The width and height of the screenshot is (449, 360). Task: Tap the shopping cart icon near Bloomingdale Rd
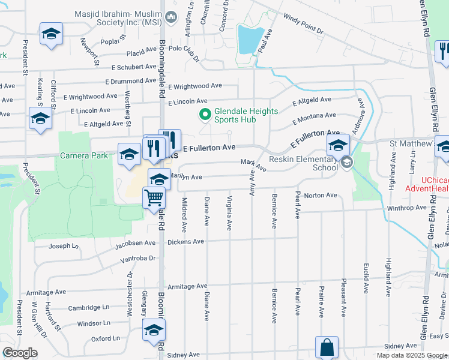pyautogui.click(x=154, y=197)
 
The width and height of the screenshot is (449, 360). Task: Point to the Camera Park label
pyautogui.click(x=84, y=155)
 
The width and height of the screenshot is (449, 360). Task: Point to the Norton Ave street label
pyautogui.click(x=321, y=195)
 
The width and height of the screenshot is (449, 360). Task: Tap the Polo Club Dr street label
pyautogui.click(x=184, y=54)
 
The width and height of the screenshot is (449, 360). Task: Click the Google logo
pyautogui.click(x=20, y=353)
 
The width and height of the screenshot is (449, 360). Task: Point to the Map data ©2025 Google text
pyautogui.click(x=411, y=355)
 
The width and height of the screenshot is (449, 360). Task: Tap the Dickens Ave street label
pyautogui.click(x=190, y=242)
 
